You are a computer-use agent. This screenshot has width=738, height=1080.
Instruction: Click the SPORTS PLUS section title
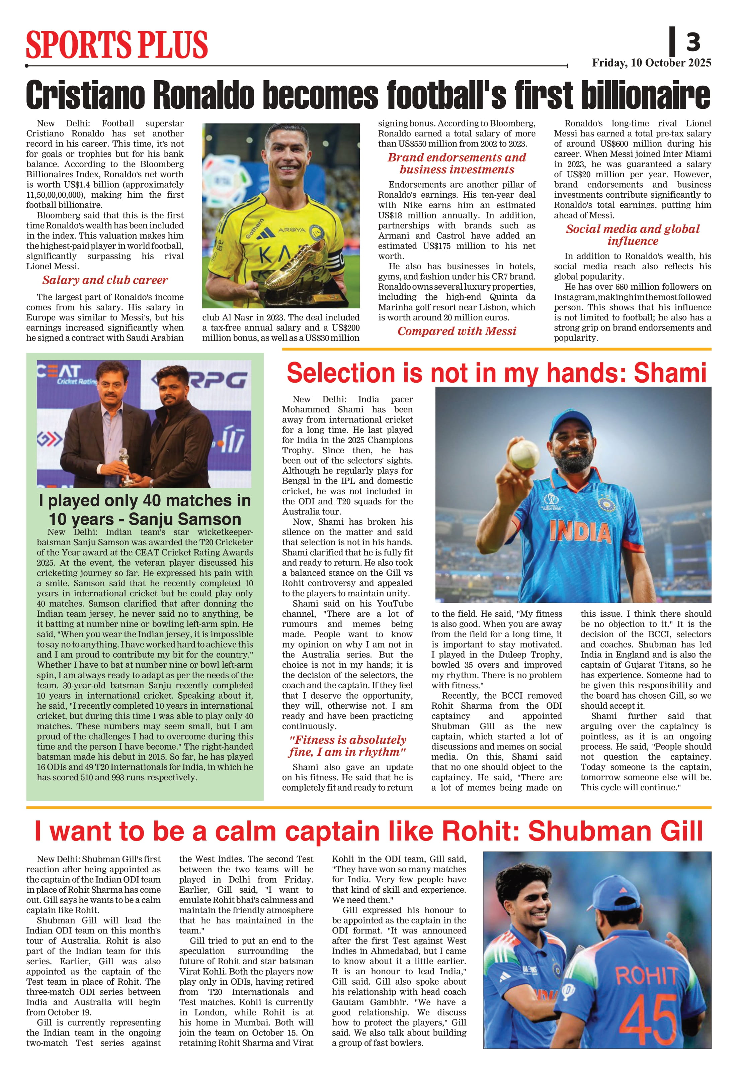point(117,44)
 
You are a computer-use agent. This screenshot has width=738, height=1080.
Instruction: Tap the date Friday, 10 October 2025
point(651,63)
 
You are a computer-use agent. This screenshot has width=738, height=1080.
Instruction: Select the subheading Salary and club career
point(105,280)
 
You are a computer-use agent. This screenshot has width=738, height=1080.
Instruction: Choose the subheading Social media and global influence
point(633,235)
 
